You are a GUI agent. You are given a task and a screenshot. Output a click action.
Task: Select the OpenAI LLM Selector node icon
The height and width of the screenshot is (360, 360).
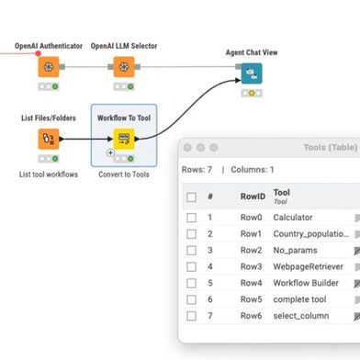[124, 67]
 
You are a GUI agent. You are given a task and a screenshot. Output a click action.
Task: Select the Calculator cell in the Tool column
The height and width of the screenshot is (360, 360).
[293, 218]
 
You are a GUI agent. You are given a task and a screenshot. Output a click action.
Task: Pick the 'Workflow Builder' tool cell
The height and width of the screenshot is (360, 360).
[306, 283]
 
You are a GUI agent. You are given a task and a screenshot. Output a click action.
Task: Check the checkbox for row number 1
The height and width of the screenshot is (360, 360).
[191, 218]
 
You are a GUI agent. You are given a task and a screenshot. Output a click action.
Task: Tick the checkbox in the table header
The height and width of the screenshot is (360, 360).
[191, 197]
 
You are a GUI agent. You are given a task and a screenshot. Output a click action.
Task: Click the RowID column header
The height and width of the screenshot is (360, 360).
[253, 197]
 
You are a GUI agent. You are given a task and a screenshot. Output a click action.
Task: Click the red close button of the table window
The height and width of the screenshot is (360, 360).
[188, 147]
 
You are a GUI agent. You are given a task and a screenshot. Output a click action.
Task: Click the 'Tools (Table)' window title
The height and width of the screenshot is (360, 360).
[330, 147]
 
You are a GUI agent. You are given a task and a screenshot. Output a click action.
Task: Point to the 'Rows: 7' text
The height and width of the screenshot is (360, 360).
[197, 170]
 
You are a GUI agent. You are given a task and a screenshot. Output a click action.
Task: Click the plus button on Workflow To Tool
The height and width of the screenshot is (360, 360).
[110, 152]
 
